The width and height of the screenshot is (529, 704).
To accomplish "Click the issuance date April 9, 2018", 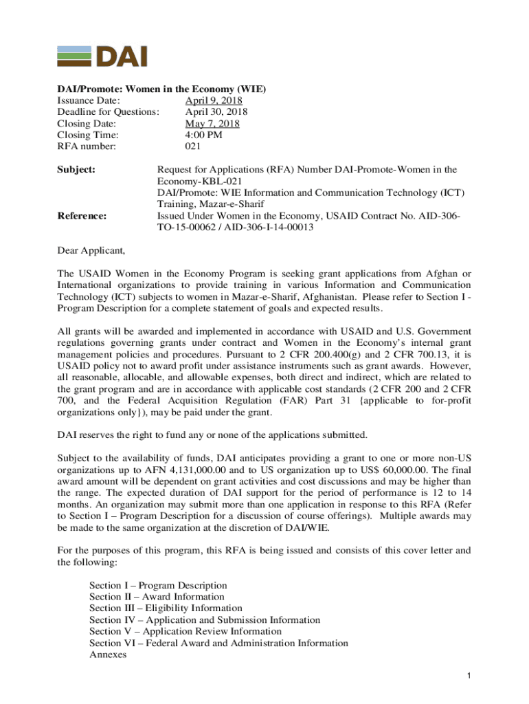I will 214,100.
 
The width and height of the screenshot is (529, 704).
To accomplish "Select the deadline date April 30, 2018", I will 216,112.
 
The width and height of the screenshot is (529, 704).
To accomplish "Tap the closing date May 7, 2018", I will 212,124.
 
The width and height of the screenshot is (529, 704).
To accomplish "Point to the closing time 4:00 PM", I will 204,135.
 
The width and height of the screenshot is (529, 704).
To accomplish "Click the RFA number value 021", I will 193,147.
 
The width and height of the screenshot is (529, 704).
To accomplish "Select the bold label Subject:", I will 76,169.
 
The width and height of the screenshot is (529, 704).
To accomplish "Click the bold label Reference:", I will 82,216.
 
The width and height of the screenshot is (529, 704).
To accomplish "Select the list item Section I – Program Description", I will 158,585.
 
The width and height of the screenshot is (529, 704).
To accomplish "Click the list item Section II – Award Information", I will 157,597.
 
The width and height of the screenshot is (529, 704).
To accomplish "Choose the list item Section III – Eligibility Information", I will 166,608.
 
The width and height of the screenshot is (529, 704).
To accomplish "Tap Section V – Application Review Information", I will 185,631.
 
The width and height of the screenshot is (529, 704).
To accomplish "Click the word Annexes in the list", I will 108,654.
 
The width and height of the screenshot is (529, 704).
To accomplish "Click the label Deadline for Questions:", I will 109,112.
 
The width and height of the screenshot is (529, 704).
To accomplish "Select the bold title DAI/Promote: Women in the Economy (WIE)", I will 161,89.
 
